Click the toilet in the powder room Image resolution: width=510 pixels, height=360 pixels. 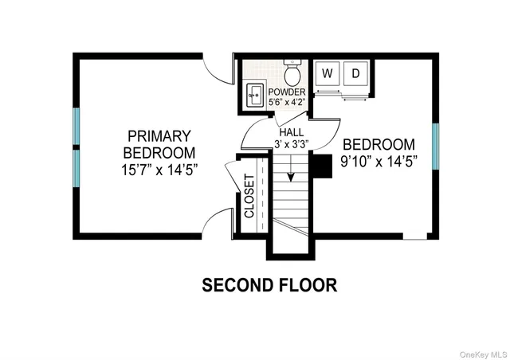(x=292, y=75)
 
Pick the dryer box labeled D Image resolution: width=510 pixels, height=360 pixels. (x=356, y=74)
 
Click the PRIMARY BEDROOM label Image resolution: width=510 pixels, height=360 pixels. (x=159, y=143)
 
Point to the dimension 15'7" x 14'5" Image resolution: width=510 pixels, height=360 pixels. (x=159, y=169)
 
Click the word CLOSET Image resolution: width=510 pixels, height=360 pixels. (x=249, y=196)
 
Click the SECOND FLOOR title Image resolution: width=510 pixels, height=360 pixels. (x=269, y=284)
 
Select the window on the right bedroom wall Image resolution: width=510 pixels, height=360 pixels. (x=435, y=146)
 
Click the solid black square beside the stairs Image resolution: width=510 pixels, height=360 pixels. (x=320, y=165)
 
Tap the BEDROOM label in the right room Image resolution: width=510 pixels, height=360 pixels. (x=379, y=145)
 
